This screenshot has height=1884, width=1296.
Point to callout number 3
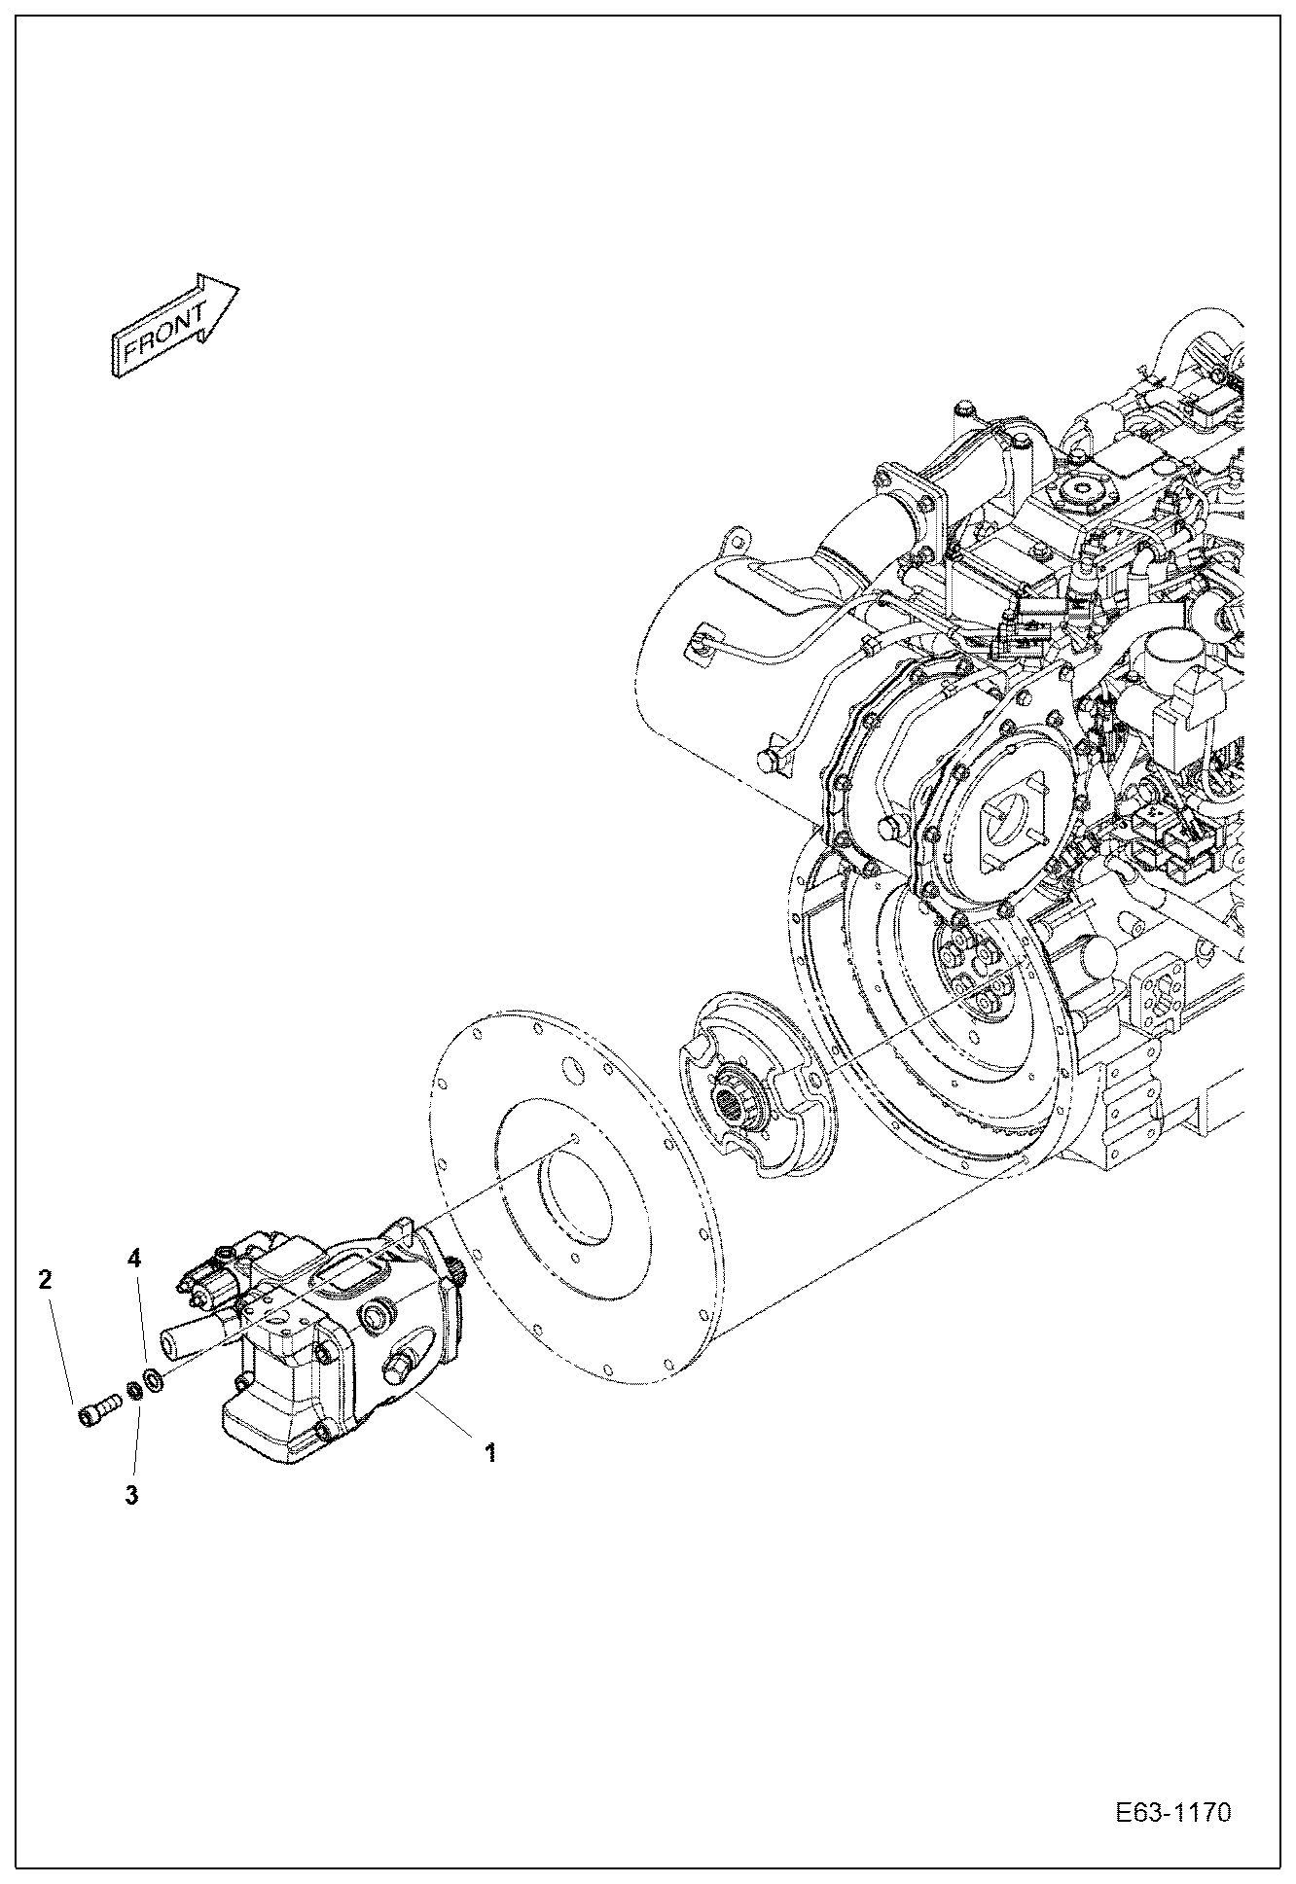pos(131,1495)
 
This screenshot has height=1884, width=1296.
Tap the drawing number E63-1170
pos(1173,1814)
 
